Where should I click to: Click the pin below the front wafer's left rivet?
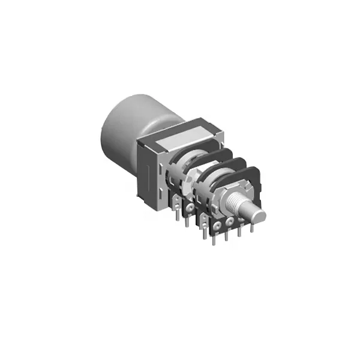tap(214, 239)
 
